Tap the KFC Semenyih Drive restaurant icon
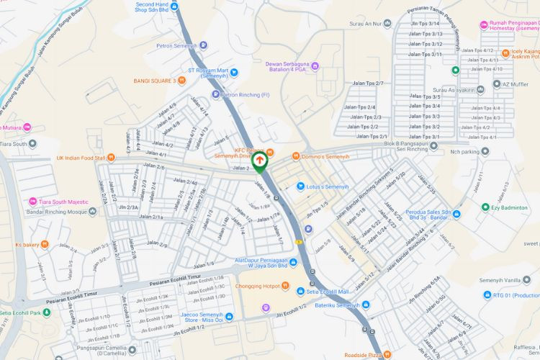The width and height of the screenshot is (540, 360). pyautogui.click(x=271, y=152)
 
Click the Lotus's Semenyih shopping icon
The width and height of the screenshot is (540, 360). pyautogui.click(x=300, y=186)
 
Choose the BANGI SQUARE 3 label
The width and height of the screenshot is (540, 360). pyautogui.click(x=155, y=81)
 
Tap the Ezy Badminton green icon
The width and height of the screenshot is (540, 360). pyautogui.click(x=485, y=207)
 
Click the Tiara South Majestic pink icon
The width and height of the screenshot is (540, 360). pyautogui.click(x=32, y=202)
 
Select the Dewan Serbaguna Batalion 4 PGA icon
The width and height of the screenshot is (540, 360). pyautogui.click(x=315, y=67)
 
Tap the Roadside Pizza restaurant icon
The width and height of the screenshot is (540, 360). pyautogui.click(x=387, y=354)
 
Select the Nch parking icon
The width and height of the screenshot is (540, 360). pyautogui.click(x=485, y=152)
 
